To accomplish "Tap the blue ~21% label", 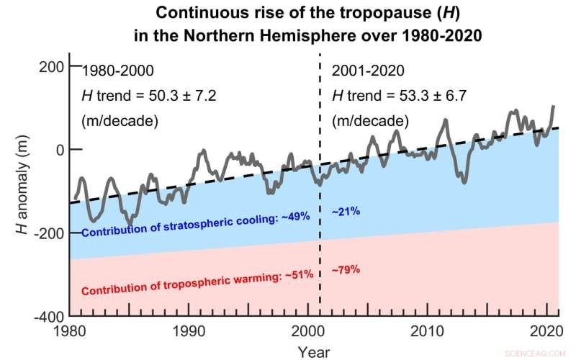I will [346, 212].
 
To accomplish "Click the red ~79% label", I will [346, 270].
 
